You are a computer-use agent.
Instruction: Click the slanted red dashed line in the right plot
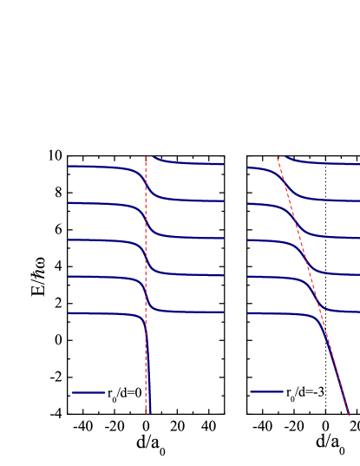coord(330,347)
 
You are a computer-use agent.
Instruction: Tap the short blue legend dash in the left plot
coord(88,393)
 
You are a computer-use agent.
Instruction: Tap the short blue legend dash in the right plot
coord(266,392)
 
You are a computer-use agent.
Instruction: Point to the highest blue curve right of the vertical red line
coord(191,163)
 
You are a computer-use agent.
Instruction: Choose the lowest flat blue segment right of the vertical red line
coord(191,312)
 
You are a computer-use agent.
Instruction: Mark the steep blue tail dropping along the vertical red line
coord(148,382)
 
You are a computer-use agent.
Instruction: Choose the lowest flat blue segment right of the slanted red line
coord(347,312)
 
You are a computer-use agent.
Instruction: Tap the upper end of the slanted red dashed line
coord(278,158)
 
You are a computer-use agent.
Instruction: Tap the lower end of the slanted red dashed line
coord(350,415)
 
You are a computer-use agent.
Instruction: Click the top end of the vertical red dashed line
coord(146,157)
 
